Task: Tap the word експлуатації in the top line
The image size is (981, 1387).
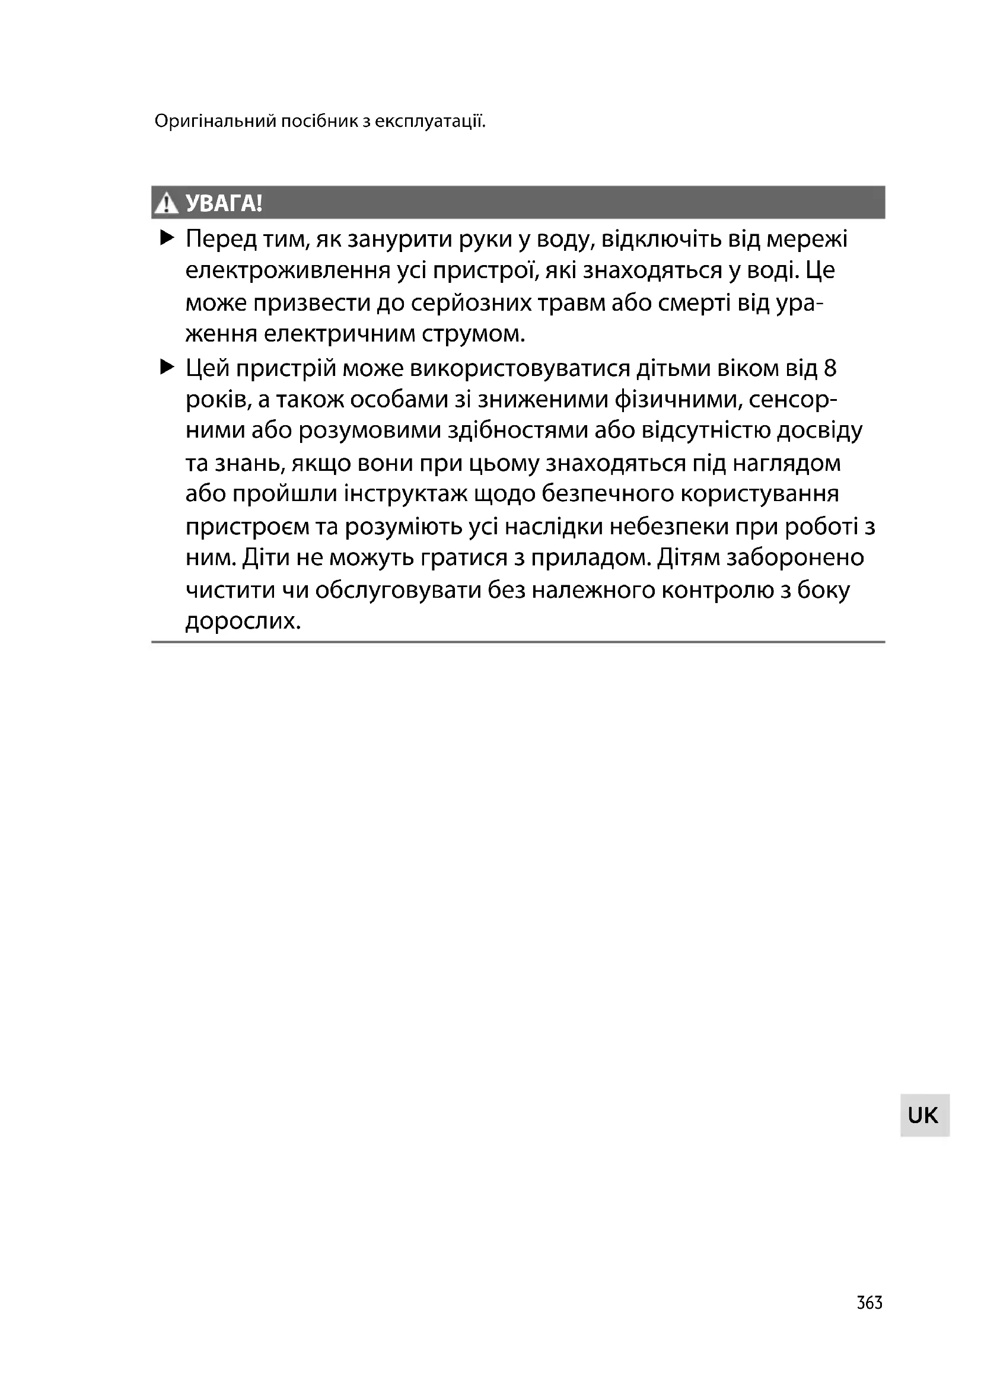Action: coord(430,122)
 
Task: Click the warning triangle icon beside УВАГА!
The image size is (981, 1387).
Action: coord(165,203)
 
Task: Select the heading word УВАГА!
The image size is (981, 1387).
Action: coord(224,203)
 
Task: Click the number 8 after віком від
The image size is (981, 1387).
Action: coord(830,368)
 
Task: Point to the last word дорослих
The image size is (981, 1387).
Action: coord(243,621)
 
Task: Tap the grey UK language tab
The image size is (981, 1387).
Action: coord(923,1115)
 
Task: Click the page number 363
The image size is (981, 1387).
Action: coord(869,1302)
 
